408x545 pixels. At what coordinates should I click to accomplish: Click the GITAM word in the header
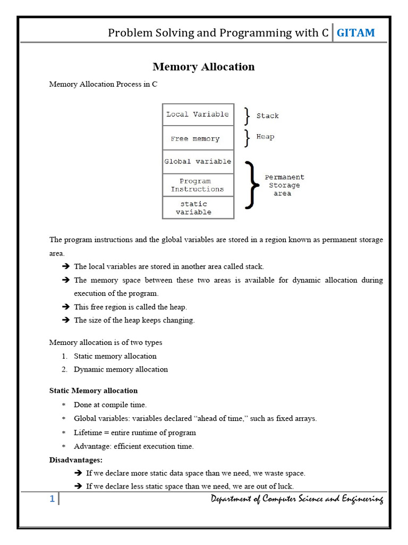tap(355, 33)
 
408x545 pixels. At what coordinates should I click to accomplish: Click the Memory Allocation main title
tap(203, 67)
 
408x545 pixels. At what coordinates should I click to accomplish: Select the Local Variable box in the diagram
tap(198, 114)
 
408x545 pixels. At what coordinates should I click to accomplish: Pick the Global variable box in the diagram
tap(198, 161)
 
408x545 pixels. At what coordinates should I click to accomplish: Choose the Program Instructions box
tap(198, 185)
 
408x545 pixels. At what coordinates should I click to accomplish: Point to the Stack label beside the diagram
tap(267, 115)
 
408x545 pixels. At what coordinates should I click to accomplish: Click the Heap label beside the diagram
tap(265, 137)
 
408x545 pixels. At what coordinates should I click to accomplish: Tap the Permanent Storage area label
tap(284, 185)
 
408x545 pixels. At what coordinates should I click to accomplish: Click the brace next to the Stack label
tap(247, 115)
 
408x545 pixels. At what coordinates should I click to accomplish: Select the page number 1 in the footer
tap(52, 499)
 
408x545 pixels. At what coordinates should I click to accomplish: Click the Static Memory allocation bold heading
tap(93, 391)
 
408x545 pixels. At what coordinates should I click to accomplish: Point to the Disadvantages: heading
tap(76, 460)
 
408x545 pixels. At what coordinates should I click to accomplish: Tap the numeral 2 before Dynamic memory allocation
tap(64, 369)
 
